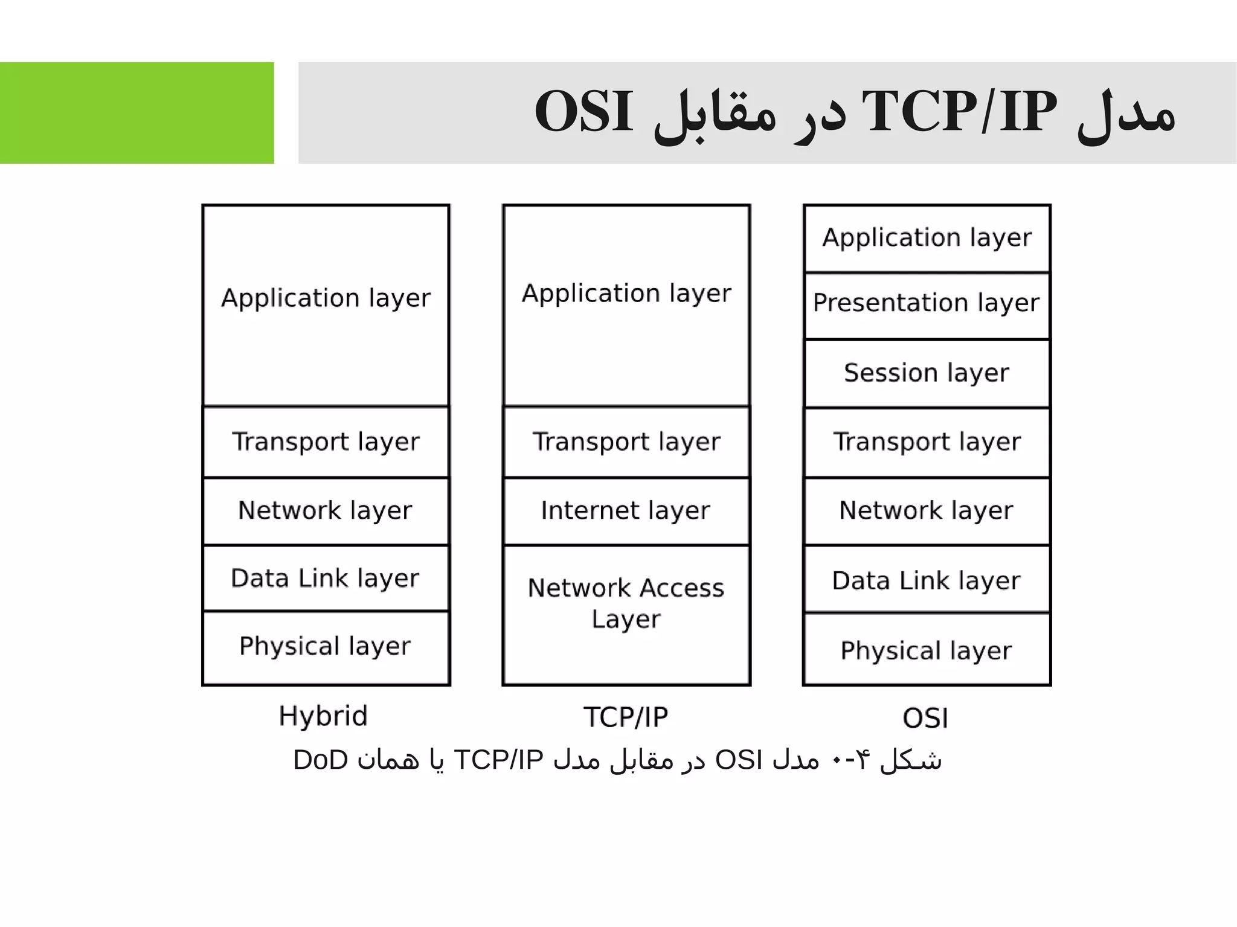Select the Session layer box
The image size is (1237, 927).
click(x=927, y=373)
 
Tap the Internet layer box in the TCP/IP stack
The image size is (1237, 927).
click(x=626, y=511)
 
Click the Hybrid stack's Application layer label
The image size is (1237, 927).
click(x=326, y=298)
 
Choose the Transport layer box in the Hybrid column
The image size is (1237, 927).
click(x=326, y=442)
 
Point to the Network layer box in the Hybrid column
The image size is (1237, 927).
click(x=326, y=511)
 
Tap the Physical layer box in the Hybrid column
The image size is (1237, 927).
click(x=326, y=647)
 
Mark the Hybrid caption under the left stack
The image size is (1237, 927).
click(x=323, y=716)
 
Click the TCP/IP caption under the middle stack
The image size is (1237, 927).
click(x=626, y=717)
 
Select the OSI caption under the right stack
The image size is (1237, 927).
click(x=925, y=719)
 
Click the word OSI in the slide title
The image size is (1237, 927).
click(x=583, y=112)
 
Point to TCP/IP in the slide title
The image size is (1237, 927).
click(x=959, y=112)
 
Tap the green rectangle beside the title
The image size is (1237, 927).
click(x=137, y=113)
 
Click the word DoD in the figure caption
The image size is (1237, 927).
click(x=320, y=760)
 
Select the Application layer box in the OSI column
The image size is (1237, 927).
click(x=927, y=238)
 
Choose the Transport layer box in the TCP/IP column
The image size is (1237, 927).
click(x=626, y=442)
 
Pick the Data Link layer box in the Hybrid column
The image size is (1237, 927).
click(x=326, y=579)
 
